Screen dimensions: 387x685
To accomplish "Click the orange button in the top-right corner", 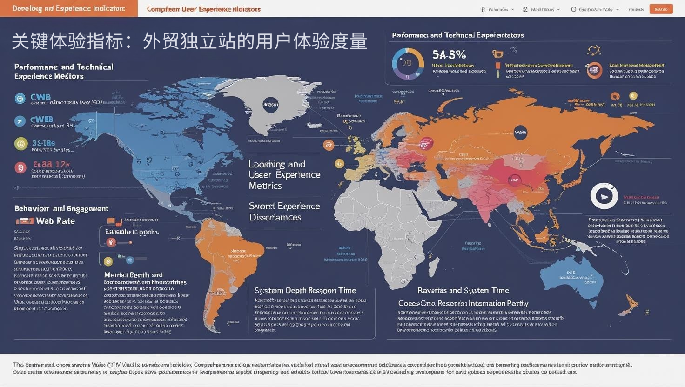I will (x=661, y=9).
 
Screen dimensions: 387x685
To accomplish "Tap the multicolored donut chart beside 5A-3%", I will (x=408, y=63).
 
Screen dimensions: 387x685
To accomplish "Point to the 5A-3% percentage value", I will (x=449, y=55).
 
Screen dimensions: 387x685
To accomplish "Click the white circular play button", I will (x=604, y=196).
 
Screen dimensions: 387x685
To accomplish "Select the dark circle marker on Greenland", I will (x=270, y=105).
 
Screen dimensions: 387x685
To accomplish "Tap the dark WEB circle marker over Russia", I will (x=520, y=132).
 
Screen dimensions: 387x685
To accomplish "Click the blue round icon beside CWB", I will (x=20, y=98).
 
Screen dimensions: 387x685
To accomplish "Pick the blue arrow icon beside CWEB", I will (x=20, y=121).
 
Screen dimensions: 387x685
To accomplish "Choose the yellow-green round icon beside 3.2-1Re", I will (x=21, y=144).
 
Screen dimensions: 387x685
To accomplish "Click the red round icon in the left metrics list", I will (x=20, y=167).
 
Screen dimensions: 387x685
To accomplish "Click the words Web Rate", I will (x=55, y=221).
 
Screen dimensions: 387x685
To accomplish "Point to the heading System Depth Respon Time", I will (x=305, y=291).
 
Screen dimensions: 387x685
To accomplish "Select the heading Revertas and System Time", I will (x=463, y=290).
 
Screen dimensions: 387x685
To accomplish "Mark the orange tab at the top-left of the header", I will (x=69, y=8).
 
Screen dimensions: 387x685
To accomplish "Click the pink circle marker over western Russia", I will (x=426, y=143).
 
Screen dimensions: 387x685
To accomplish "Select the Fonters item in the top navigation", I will (x=636, y=9).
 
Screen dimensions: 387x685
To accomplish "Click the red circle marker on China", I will (x=514, y=180).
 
